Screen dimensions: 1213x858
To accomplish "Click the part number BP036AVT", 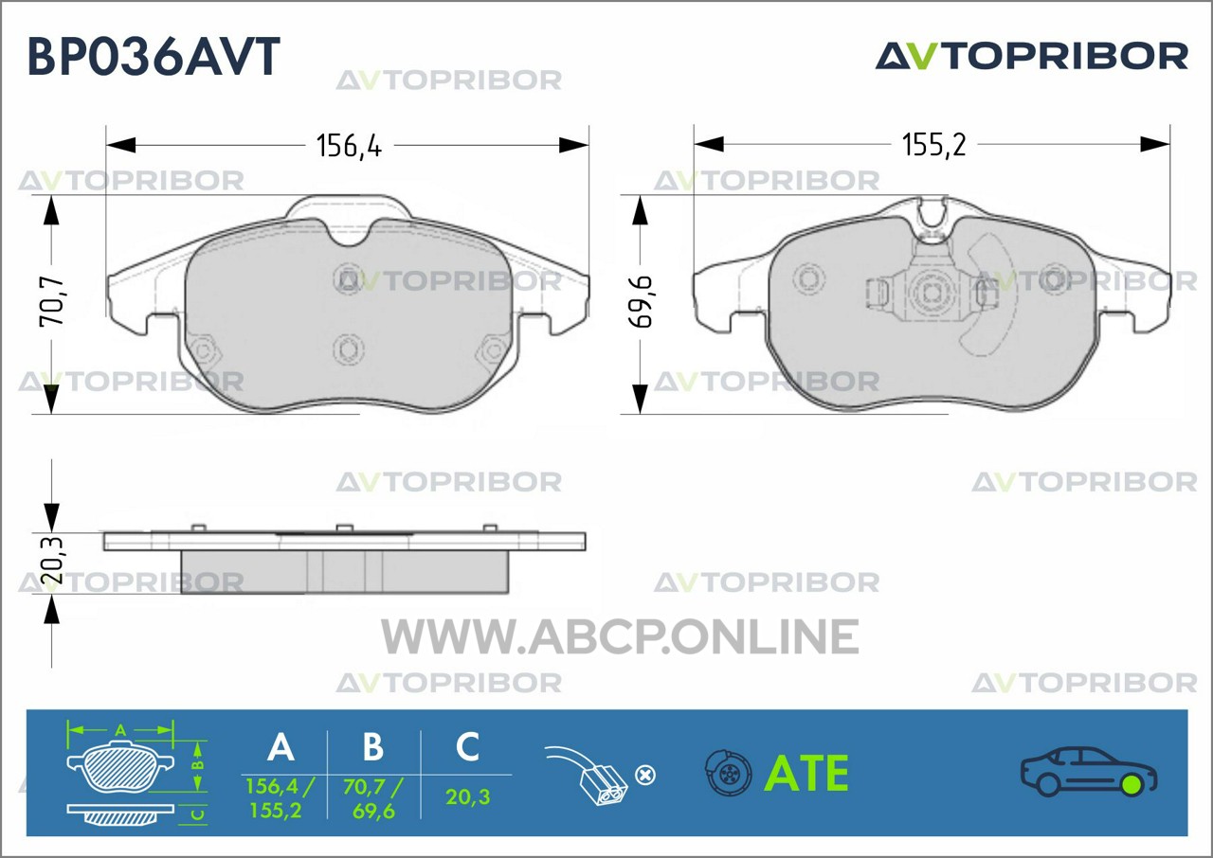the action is tap(154, 56).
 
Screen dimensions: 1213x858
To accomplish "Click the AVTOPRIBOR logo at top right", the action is tap(1032, 56).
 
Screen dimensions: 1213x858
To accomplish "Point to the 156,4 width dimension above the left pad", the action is tap(349, 146).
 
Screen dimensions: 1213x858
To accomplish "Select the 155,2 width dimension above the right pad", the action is tap(934, 145).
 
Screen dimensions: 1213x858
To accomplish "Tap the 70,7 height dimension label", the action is tap(52, 302).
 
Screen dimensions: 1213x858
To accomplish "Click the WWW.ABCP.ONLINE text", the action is tap(620, 636).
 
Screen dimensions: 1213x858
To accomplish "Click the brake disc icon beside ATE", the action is tap(729, 773).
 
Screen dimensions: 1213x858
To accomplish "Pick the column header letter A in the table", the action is tap(281, 747).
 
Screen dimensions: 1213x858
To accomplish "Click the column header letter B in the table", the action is tap(373, 747).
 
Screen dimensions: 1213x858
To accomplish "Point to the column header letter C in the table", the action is tap(467, 746).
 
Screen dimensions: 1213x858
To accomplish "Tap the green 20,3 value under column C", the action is tap(468, 796).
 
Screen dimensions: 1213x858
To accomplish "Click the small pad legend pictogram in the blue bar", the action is tap(136, 773).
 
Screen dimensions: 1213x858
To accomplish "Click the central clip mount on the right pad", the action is tap(932, 292).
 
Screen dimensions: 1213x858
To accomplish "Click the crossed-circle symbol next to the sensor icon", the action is tap(644, 776).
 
